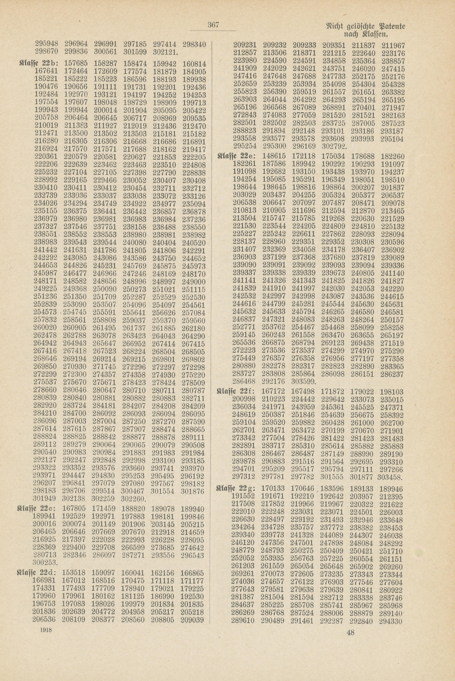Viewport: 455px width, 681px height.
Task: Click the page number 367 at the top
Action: tap(213, 25)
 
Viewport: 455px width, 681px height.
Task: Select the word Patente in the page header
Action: tap(389, 28)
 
